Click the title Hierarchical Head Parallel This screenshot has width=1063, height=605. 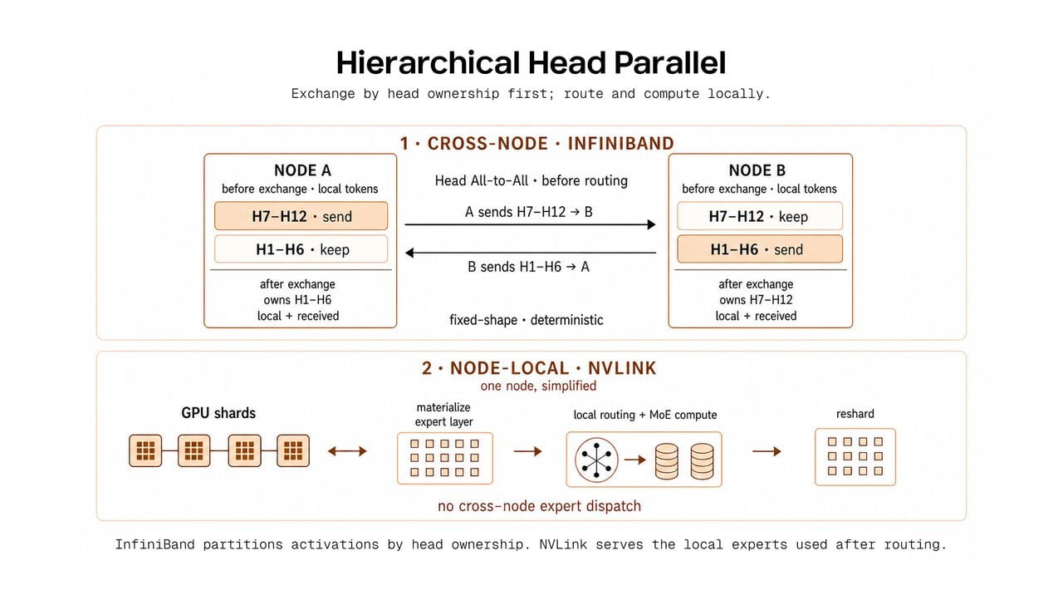tap(531, 62)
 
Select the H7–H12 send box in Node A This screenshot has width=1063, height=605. tap(301, 216)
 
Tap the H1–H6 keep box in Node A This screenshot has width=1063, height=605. tap(301, 248)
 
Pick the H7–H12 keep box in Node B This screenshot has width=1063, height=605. tap(760, 216)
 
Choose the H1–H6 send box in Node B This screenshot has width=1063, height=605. tap(760, 248)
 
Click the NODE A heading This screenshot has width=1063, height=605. tap(302, 170)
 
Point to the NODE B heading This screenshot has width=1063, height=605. tap(757, 170)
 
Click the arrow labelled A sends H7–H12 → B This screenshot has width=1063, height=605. tap(530, 224)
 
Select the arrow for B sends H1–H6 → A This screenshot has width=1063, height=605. tap(530, 253)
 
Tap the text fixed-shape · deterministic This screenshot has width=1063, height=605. tap(527, 320)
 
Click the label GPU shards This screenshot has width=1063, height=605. tap(218, 413)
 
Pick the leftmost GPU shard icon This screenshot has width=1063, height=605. tap(145, 450)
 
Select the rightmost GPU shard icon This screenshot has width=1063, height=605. tap(293, 450)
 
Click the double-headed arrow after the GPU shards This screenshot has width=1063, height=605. tap(347, 450)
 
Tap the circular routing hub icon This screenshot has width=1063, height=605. tap(596, 460)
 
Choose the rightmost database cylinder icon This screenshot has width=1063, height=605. tap(702, 461)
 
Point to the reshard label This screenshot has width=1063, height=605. tap(855, 414)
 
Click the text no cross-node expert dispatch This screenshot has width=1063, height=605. tap(539, 506)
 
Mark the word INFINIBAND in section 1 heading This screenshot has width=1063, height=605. tap(620, 144)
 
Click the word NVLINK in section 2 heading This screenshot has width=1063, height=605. tap(622, 368)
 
